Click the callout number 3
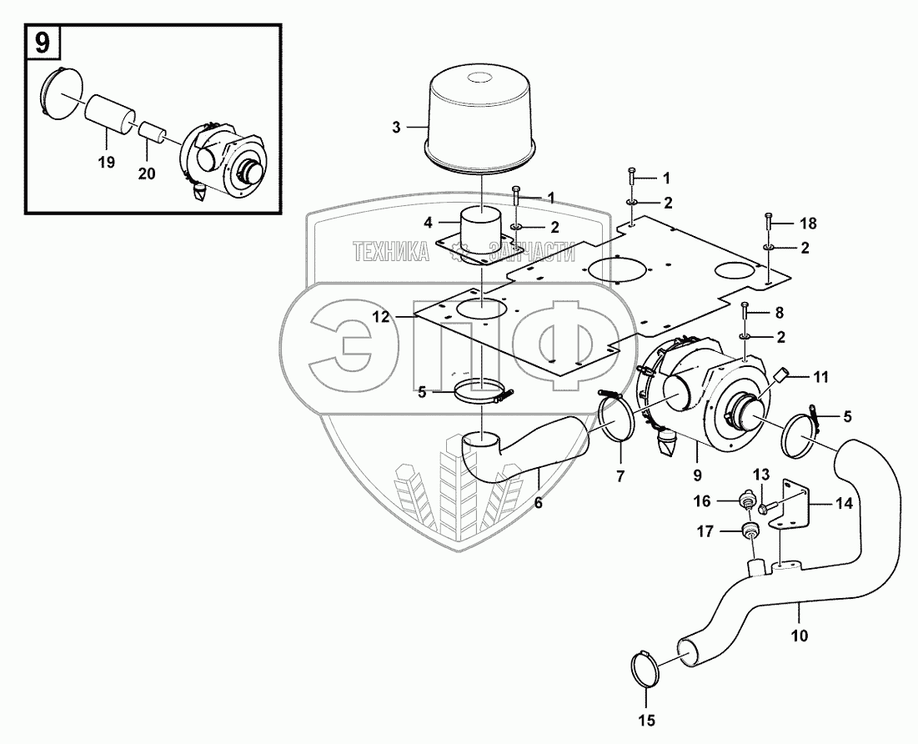(396, 128)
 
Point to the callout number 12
(403, 316)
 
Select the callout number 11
(821, 378)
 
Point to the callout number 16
(703, 500)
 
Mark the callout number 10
(800, 635)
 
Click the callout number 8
(780, 312)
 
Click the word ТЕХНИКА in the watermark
(391, 251)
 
